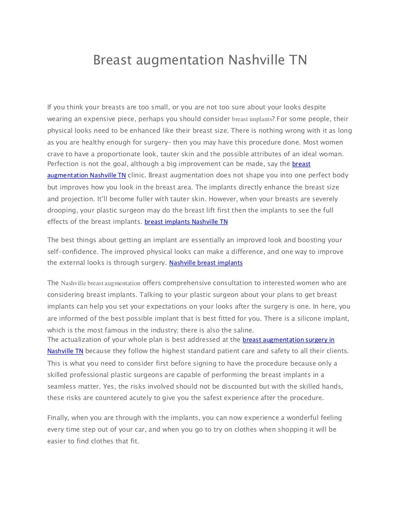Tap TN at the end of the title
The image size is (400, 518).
click(x=298, y=60)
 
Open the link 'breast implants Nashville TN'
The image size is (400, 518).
click(x=186, y=222)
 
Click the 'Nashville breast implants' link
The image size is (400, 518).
click(x=205, y=263)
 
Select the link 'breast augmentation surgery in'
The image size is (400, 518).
click(x=288, y=340)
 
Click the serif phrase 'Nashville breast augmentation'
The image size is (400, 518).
click(x=100, y=283)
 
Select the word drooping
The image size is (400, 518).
click(x=62, y=211)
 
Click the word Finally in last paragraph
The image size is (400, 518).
click(x=58, y=418)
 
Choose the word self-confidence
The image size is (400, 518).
click(x=73, y=252)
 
